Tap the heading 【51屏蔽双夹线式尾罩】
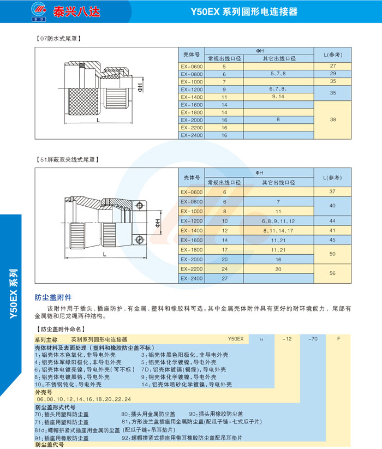68,159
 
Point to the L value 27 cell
332,66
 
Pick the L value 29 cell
332,73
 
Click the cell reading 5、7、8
278,73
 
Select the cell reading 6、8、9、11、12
278,221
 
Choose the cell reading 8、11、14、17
278,231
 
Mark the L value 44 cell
332,221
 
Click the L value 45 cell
332,240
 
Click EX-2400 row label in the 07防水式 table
192,135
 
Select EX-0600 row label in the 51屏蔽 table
192,192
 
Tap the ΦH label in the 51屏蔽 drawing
157,223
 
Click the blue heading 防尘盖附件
53,298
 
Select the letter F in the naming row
339,339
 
